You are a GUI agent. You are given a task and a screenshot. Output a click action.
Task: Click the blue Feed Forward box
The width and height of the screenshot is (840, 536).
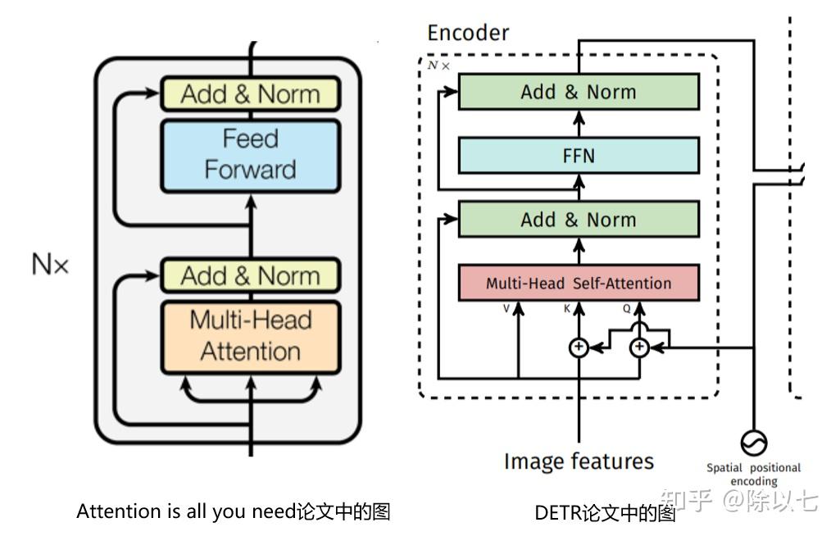(x=250, y=156)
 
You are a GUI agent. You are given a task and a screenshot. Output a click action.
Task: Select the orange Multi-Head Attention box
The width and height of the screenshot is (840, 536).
(x=250, y=337)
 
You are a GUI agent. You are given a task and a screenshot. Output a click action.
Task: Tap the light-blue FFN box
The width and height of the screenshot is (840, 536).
(x=579, y=156)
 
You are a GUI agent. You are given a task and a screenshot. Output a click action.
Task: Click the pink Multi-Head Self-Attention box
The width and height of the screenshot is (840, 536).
(x=579, y=283)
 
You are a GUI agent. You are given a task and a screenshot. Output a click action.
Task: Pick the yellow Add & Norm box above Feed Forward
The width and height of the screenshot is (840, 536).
(x=250, y=93)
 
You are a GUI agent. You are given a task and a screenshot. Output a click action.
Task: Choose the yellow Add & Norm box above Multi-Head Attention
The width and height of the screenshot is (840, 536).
(x=250, y=275)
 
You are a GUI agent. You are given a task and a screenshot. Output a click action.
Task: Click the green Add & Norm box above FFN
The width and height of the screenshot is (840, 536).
(x=579, y=92)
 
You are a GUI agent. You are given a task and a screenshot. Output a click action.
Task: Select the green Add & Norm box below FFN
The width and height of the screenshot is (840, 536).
(x=579, y=219)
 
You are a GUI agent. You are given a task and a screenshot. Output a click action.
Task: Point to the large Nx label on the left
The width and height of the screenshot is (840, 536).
(x=50, y=264)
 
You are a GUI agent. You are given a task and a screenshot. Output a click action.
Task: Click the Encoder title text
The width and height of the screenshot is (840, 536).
(x=468, y=34)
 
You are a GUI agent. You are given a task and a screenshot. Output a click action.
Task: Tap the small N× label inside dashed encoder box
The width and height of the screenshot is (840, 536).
(x=438, y=66)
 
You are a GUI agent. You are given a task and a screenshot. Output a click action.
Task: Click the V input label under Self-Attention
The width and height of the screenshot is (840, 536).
(x=506, y=309)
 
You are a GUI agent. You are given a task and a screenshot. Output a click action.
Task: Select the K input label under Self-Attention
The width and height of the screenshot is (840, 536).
(x=567, y=309)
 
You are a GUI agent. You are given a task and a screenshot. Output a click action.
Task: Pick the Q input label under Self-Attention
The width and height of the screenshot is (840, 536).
(x=626, y=309)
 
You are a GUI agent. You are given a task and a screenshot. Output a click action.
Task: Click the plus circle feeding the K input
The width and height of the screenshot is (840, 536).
(x=579, y=347)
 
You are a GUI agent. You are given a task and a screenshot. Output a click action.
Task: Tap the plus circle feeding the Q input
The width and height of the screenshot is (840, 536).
(x=639, y=347)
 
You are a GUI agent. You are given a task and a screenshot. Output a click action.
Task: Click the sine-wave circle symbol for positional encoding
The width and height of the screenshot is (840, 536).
(x=754, y=443)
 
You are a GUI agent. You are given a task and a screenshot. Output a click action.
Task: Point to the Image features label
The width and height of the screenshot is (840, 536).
(x=579, y=461)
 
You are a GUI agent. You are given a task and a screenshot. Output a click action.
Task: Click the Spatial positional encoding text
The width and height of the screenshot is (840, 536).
(x=753, y=475)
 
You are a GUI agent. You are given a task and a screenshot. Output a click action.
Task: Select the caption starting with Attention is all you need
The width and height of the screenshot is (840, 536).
(x=234, y=511)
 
